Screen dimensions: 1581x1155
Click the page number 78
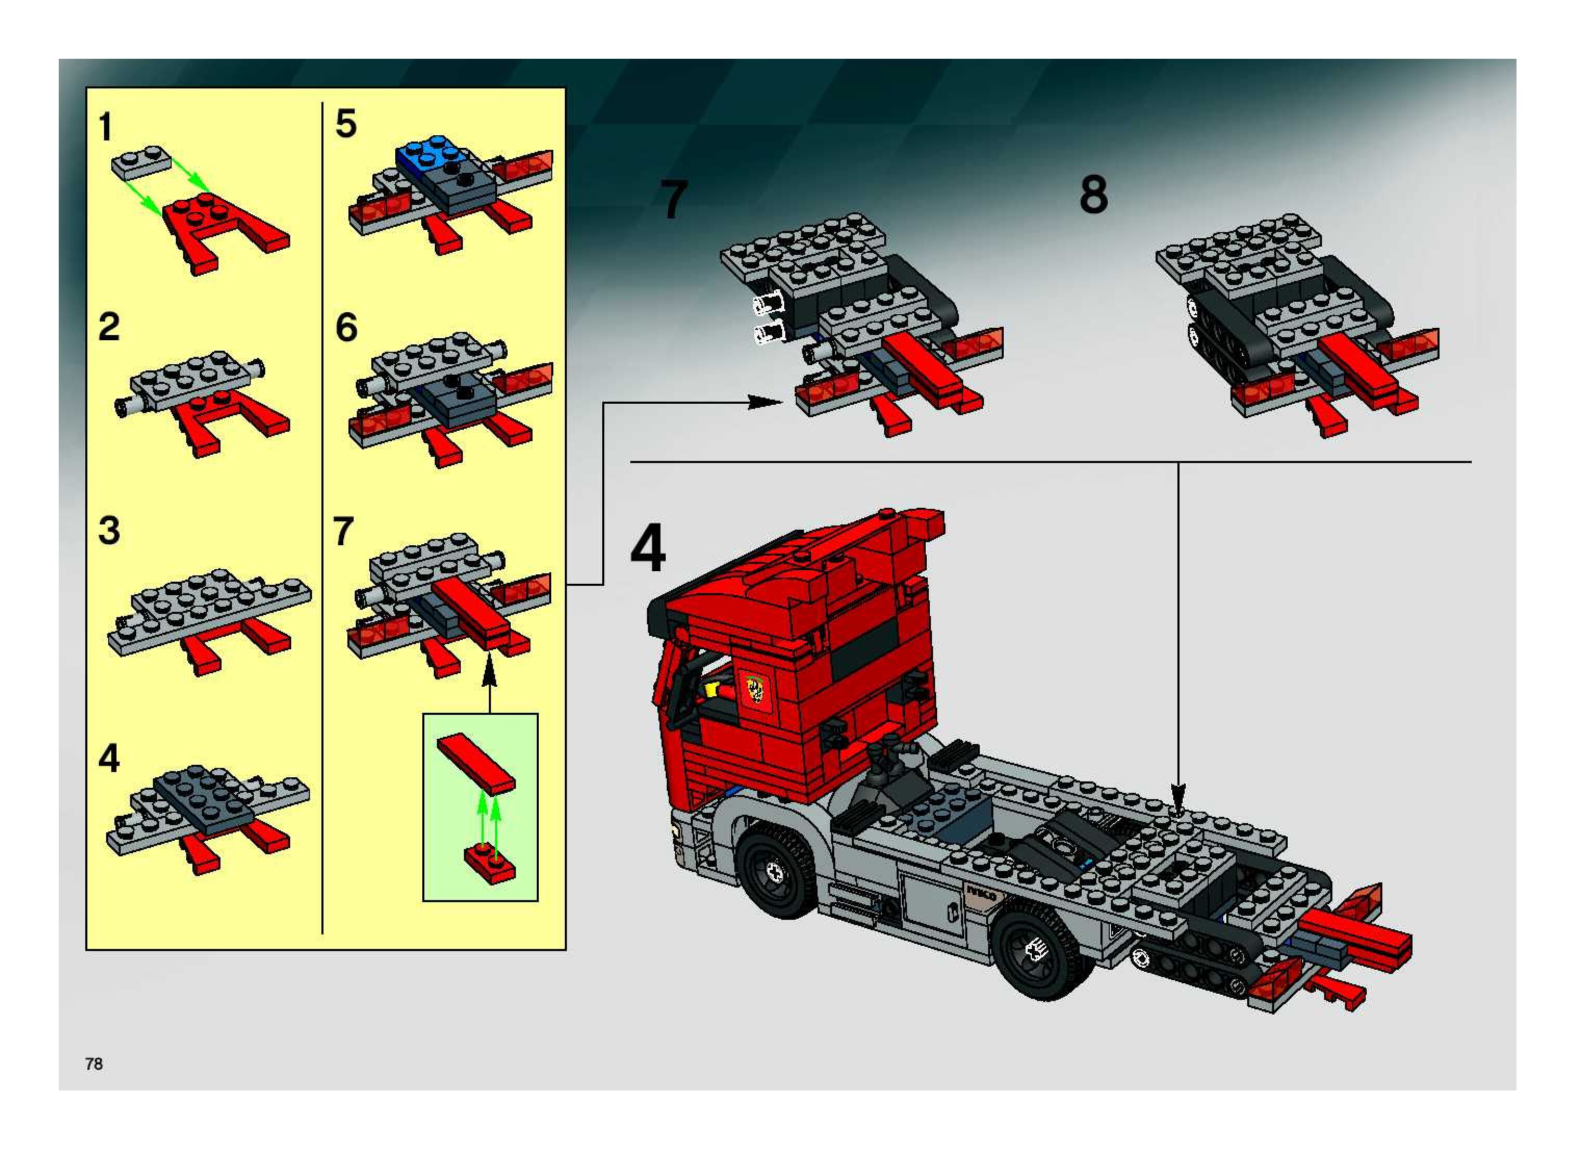point(94,1063)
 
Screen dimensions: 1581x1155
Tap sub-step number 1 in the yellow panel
point(106,127)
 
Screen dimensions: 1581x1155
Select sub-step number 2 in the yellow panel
point(109,327)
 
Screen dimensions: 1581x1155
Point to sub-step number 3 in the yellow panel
point(109,531)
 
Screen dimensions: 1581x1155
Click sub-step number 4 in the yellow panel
point(109,758)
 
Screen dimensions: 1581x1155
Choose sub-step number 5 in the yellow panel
point(346,123)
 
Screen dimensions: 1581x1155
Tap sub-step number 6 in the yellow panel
point(346,327)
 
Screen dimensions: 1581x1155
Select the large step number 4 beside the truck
point(648,549)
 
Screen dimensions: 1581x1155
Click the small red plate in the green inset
point(490,864)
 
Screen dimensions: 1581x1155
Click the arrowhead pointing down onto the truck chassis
point(1178,799)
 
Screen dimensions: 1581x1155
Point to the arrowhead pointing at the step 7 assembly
point(766,402)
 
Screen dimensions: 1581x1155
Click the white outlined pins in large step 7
point(769,317)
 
